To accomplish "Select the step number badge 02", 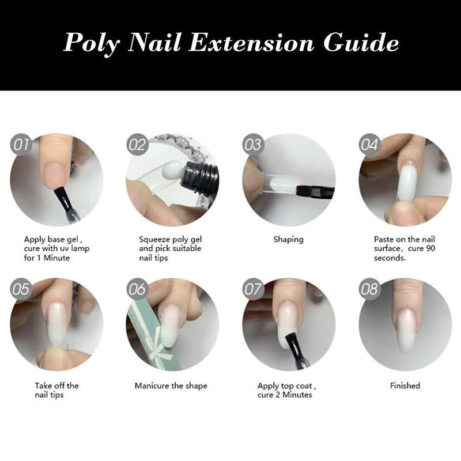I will coord(138,145).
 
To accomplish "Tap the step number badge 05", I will coord(21,289).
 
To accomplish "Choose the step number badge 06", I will coord(137,289).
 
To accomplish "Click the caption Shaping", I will coord(288,240).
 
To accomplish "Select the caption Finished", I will coord(405,386).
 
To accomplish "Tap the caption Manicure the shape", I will coord(171,386).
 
